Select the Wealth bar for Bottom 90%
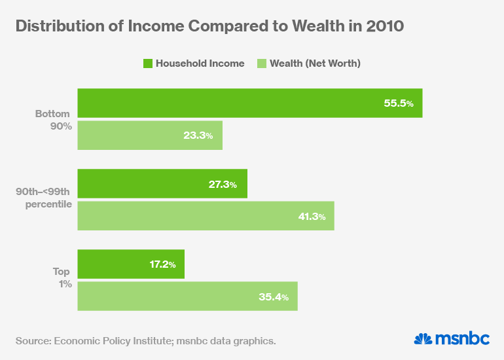[150, 135]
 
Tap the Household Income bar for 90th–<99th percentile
[162, 184]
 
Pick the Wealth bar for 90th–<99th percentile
[206, 216]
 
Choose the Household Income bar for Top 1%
[131, 264]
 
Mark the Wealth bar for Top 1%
[187, 297]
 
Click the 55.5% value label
[398, 103]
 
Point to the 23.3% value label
[198, 135]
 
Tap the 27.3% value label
[223, 185]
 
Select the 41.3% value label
[310, 217]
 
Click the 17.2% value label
[160, 265]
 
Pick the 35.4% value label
[274, 297]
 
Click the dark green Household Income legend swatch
[148, 63]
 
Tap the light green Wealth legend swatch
[261, 63]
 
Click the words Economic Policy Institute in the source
[110, 340]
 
